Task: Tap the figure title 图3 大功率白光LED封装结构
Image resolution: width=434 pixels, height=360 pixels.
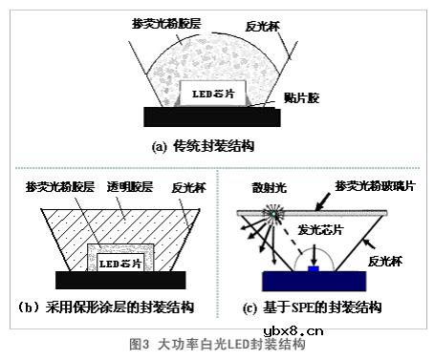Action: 216,344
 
